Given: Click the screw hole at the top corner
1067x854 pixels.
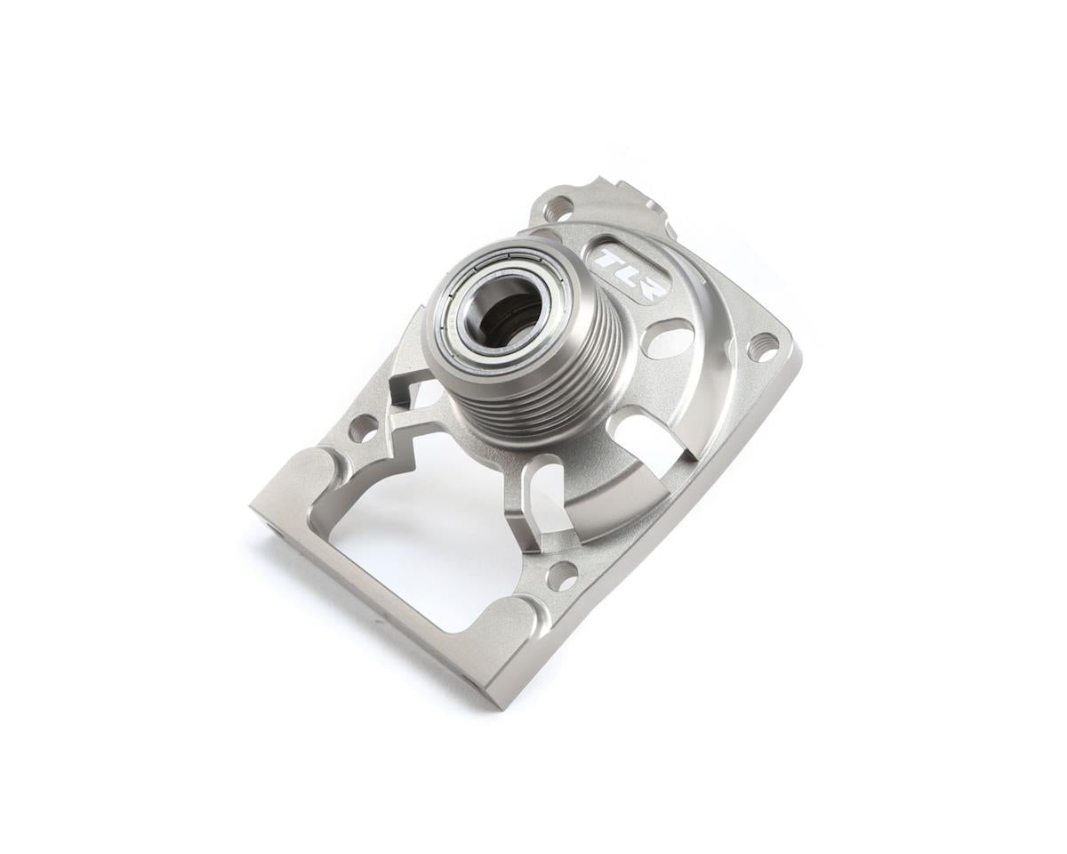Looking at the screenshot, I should coord(558,209).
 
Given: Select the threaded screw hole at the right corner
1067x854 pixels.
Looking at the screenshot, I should coord(762,345).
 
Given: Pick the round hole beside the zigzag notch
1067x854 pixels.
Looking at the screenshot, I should coord(363,428).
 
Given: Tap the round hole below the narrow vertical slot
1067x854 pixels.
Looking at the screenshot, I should coord(562,576).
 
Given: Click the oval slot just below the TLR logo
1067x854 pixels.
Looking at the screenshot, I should coord(669,338).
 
